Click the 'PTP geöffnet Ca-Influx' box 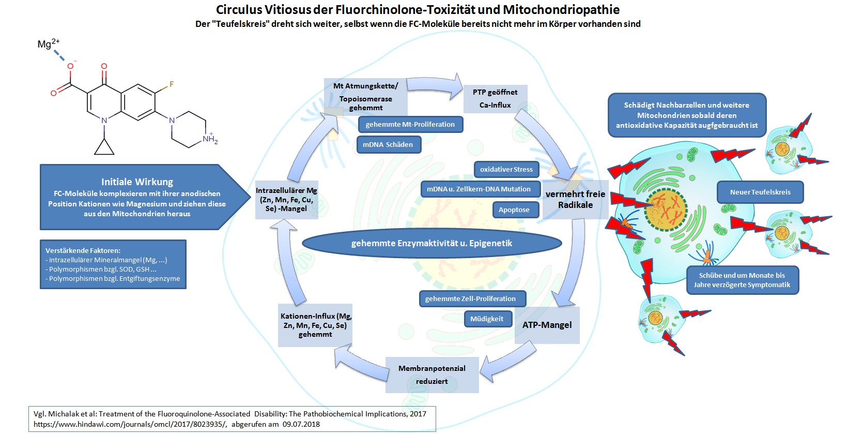coord(495,99)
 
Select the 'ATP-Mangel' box coord(547,325)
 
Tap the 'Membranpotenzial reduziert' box coord(432,375)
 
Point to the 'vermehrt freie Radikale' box coord(575,200)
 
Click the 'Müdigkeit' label coord(486,319)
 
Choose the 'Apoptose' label coord(514,210)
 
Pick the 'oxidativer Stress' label coord(506,170)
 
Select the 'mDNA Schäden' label coord(388,145)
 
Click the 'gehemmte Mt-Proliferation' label coord(410,125)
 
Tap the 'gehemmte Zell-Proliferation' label coord(470,299)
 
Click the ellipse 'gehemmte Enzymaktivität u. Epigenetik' coord(431,243)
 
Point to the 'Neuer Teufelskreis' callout coord(760,192)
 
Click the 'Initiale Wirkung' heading coord(137,182)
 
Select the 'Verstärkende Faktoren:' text coord(83,250)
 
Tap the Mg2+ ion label coord(48,44)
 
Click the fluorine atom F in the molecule coord(171,84)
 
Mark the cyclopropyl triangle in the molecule coord(104,147)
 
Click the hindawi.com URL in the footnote coord(130,424)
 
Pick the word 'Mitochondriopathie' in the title coord(561,9)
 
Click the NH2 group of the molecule coord(210,139)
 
